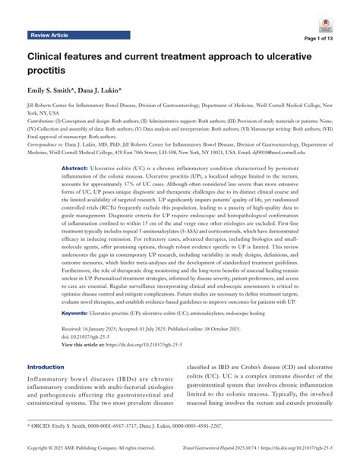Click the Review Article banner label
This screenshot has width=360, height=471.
click(50, 36)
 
